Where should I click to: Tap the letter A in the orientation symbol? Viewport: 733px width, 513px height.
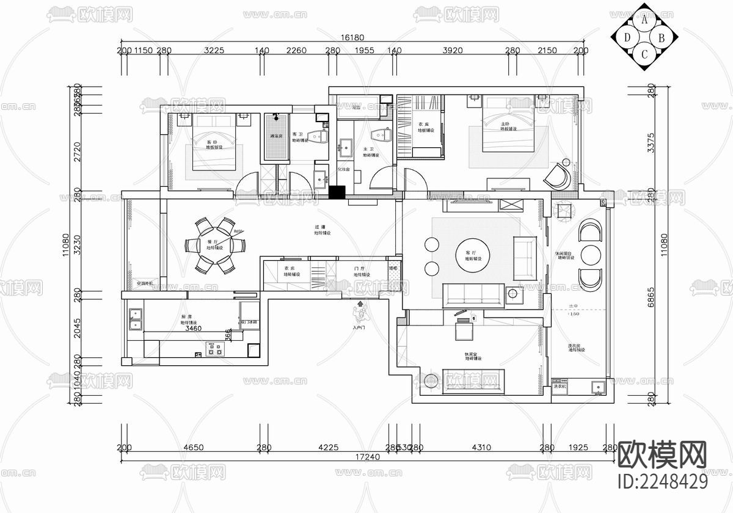[644, 20]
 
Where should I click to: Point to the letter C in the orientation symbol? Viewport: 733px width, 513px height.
[644, 54]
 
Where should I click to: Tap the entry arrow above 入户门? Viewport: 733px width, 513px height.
[360, 304]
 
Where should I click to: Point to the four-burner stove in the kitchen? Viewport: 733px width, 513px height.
[214, 350]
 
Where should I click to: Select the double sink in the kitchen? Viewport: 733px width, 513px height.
[135, 317]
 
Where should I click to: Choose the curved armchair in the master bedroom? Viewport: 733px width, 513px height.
[558, 175]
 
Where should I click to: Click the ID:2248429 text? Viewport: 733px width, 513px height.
[663, 481]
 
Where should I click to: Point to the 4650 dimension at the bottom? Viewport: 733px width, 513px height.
[194, 448]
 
